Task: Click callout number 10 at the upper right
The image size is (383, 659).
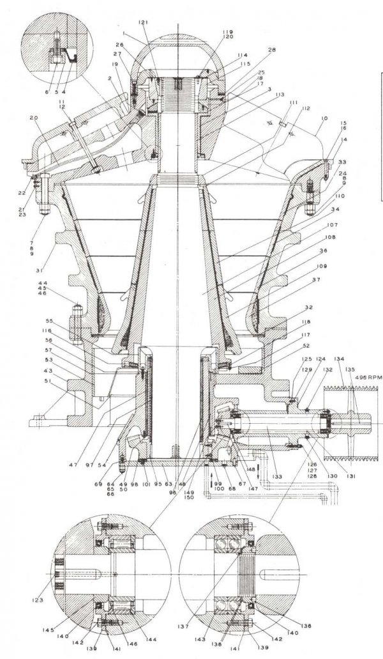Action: click(324, 120)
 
